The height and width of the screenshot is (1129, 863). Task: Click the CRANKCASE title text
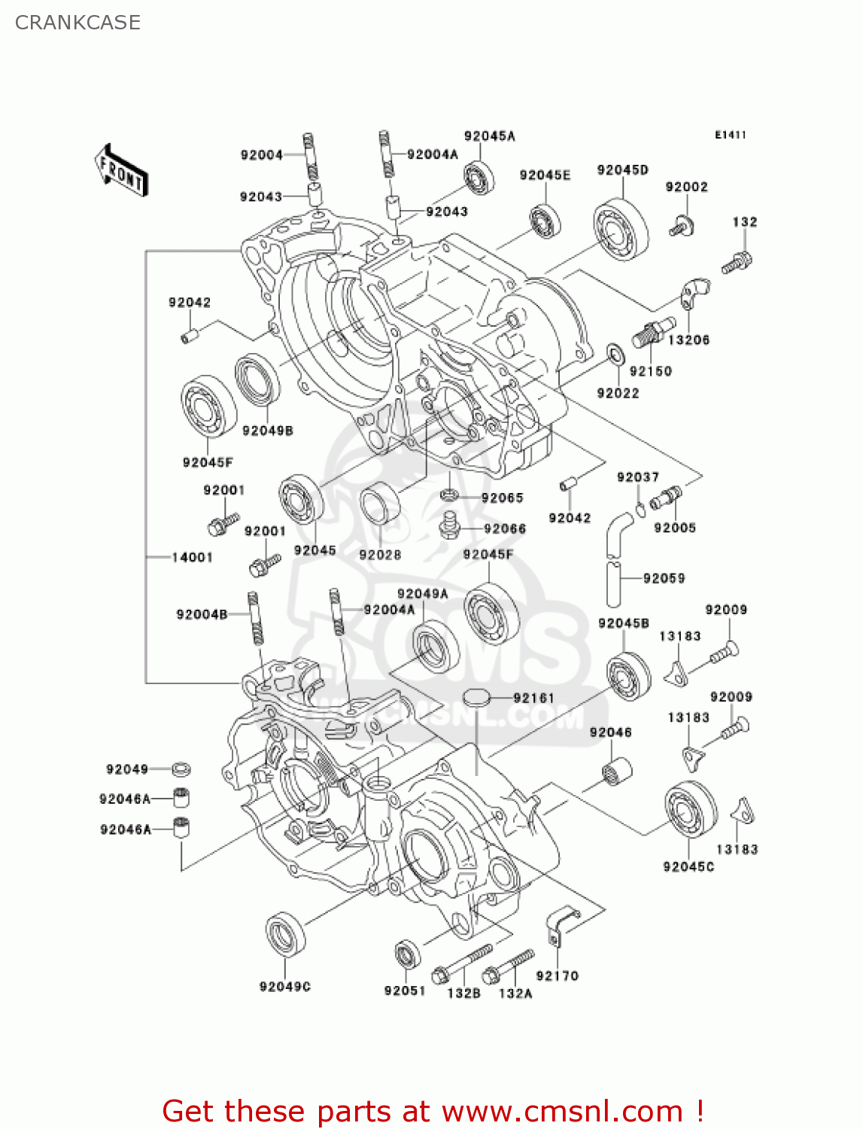tap(77, 23)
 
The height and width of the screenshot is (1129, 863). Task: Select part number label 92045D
tap(622, 170)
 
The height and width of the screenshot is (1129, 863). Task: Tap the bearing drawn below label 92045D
tap(621, 230)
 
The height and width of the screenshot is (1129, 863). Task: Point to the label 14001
tap(192, 558)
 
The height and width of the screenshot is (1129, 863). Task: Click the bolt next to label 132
tap(737, 262)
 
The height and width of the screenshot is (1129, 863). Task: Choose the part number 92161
tap(533, 698)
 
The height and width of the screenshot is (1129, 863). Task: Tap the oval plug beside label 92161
tap(476, 698)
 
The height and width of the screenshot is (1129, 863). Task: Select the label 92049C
tap(284, 987)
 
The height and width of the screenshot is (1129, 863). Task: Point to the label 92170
tap(557, 975)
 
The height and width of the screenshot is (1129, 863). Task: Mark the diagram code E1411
tap(730, 135)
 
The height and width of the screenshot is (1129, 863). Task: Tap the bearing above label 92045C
tap(690, 810)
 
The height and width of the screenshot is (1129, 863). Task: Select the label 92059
tap(664, 578)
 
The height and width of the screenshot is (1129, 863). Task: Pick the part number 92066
tap(505, 529)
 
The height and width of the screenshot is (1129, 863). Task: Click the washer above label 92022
tap(615, 354)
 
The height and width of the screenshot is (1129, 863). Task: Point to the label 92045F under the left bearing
tap(208, 462)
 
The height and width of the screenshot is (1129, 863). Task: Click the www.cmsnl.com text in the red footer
tap(561, 1112)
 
